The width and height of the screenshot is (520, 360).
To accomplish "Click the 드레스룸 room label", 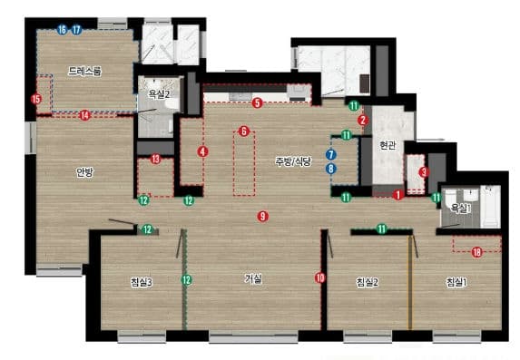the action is click(84, 72).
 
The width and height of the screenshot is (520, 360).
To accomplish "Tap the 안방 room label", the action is click(85, 172).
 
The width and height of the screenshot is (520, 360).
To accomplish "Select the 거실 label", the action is click(253, 278).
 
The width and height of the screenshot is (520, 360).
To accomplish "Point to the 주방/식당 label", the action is click(293, 161).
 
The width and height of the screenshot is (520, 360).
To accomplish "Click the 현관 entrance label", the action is click(387, 145).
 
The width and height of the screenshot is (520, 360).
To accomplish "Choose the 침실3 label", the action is click(142, 282).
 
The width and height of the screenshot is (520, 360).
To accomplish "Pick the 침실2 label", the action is click(368, 282).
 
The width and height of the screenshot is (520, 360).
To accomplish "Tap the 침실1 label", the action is click(457, 282).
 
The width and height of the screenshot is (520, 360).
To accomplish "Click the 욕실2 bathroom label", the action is click(159, 94).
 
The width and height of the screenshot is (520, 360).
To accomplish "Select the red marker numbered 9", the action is click(262, 217).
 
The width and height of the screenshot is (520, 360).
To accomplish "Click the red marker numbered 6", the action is click(244, 131).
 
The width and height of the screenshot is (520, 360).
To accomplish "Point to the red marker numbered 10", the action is click(320, 277).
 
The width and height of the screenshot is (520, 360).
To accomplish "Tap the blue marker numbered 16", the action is click(62, 30).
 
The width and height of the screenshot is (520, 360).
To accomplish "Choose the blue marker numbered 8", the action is click(330, 169).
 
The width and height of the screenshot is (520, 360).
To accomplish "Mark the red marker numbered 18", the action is click(476, 252).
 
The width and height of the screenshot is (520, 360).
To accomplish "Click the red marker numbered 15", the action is click(36, 99).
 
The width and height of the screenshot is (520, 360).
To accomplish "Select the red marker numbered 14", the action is click(85, 115).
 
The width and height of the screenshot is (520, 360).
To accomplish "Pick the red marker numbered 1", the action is click(398, 195).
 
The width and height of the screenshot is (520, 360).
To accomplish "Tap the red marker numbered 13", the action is click(155, 159).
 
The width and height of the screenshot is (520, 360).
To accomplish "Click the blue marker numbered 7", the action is click(330, 154).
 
